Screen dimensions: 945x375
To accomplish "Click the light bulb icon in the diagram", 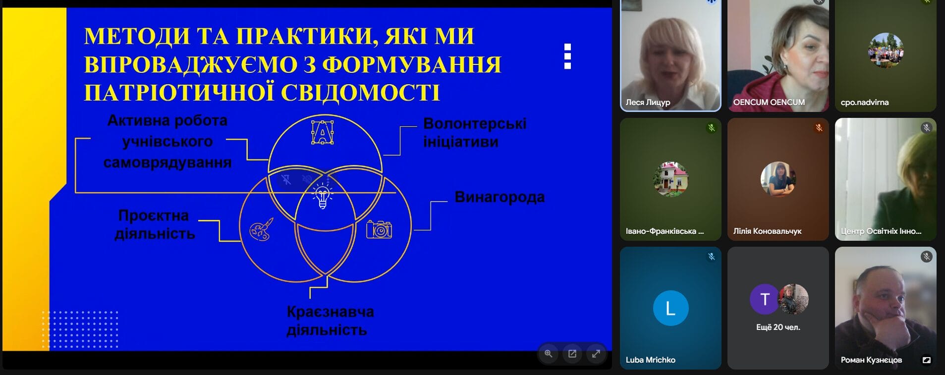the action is (323, 196).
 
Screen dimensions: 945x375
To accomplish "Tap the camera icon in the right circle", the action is (379, 229).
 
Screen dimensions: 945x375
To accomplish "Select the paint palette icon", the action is (261, 229).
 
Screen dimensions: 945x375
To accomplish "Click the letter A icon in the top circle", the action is (322, 132).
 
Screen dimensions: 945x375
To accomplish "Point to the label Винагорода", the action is (500, 197).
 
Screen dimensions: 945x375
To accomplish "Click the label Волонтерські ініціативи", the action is (475, 132).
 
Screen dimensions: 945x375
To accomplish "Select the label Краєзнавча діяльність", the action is (330, 321).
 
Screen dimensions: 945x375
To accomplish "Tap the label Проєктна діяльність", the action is (154, 224).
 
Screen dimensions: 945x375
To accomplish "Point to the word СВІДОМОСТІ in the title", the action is (360, 93).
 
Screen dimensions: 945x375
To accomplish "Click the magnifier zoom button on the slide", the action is (549, 354).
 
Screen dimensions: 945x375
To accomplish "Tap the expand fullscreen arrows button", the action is (596, 354).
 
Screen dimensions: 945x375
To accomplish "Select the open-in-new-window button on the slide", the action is (572, 354).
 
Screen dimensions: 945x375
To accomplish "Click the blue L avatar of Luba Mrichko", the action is (670, 308).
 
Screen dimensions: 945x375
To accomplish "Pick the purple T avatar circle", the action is (765, 299).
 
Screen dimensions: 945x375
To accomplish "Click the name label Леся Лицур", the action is (648, 103).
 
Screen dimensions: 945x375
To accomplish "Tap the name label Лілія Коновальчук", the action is (767, 231).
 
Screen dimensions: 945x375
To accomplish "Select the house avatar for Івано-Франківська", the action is (670, 179).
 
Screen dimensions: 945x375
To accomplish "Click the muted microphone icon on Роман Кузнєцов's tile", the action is (926, 257).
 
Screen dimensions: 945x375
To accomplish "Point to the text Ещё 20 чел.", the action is (778, 327).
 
